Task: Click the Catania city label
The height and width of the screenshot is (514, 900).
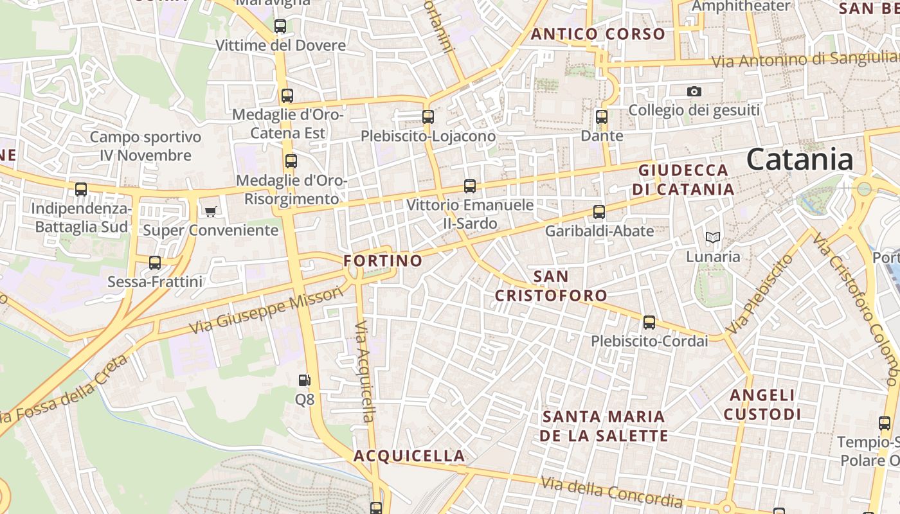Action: point(800,159)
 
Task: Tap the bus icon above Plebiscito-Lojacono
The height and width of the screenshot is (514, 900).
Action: point(428,117)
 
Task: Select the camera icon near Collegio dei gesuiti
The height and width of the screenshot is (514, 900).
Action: point(694,92)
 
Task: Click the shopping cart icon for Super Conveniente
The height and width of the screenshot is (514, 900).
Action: point(210,211)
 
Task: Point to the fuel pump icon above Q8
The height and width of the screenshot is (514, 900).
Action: point(305,380)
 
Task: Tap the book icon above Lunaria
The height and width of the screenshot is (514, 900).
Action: point(713,238)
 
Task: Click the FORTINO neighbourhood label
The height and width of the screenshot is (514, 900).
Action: point(382,261)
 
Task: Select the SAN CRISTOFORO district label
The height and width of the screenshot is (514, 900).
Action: point(551,286)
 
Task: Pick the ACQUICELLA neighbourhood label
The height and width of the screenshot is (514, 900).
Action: point(410,456)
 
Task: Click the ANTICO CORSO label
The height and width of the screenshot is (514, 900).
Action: point(598,34)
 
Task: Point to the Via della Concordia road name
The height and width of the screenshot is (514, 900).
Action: point(611,492)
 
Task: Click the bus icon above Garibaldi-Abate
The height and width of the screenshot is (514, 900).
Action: point(599,212)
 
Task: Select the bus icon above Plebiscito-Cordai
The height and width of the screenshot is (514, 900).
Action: point(649,323)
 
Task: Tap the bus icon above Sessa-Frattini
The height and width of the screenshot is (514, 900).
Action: point(155,263)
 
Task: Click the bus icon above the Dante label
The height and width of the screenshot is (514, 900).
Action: point(602,117)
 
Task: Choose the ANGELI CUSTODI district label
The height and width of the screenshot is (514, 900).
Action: point(762,405)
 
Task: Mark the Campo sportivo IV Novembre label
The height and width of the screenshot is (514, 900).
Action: point(145,146)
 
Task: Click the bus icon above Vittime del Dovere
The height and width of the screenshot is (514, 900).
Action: point(280,26)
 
